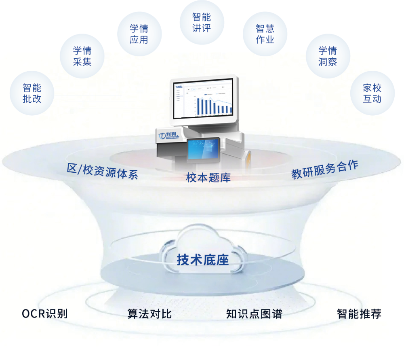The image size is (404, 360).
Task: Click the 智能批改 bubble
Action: tap(32, 93)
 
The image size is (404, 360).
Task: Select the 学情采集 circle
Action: tap(82, 56)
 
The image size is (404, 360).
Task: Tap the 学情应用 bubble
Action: tap(139, 34)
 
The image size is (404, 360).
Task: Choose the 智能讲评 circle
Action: tap(201, 23)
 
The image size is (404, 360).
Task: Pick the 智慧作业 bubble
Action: tap(265, 34)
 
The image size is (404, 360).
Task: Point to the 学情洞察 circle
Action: tap(327, 56)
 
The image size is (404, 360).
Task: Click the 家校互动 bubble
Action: tap(372, 93)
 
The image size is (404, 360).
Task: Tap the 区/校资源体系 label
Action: tap(103, 172)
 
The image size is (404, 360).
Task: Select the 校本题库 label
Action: tap(208, 178)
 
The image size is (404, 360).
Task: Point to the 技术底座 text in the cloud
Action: tap(203, 260)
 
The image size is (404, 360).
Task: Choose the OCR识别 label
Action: tap(44, 314)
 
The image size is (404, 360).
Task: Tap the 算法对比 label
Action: tap(149, 314)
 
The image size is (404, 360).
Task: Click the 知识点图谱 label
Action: tap(254, 314)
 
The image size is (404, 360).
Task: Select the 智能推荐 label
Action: tap(359, 314)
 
